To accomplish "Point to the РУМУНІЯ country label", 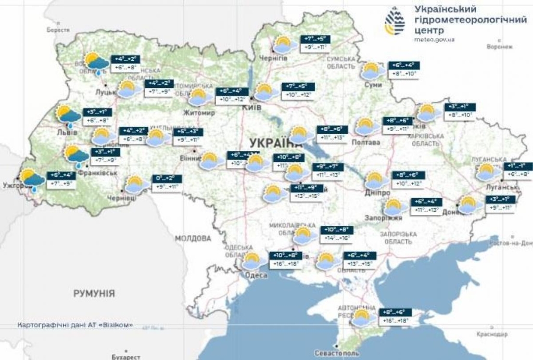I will (x=94, y=293).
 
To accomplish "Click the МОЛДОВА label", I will (x=193, y=238).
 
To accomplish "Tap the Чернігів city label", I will (x=273, y=58).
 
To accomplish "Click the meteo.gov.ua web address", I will (x=435, y=39).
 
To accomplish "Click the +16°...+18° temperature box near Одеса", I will (x=285, y=264).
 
